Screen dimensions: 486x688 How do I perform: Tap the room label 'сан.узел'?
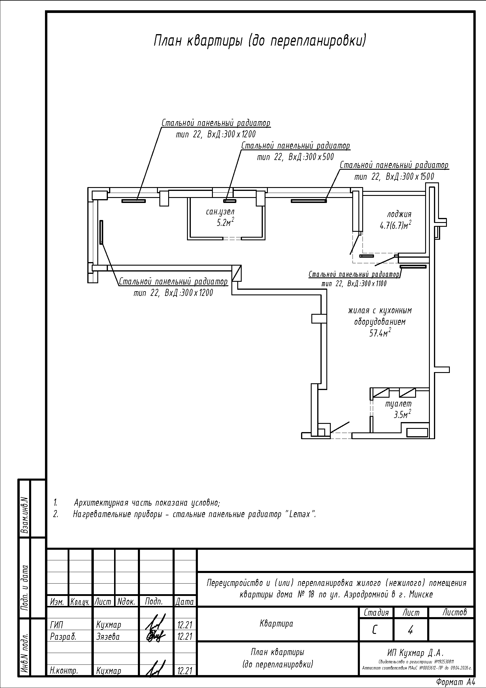pyautogui.click(x=220, y=212)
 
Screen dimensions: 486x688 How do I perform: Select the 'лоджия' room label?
pyautogui.click(x=400, y=214)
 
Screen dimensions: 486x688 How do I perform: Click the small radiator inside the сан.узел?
pyautogui.click(x=230, y=201)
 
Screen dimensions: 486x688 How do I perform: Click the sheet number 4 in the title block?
pyautogui.click(x=410, y=630)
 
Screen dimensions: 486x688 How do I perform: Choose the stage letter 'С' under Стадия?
pyautogui.click(x=375, y=630)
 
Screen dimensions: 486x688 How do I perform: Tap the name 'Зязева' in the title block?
pyautogui.click(x=108, y=636)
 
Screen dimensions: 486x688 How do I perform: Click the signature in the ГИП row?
pyautogui.click(x=156, y=624)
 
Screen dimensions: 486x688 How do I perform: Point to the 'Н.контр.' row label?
pyautogui.click(x=64, y=671)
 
